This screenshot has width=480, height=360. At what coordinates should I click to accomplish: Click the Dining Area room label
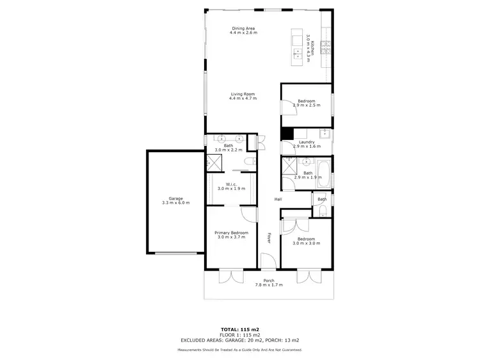(x=244, y=28)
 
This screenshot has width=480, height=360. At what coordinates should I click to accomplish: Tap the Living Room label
(x=243, y=94)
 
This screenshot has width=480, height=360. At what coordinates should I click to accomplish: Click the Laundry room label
(x=307, y=142)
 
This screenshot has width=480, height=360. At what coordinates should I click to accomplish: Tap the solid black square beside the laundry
(x=287, y=134)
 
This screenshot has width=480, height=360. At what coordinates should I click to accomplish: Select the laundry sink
(x=324, y=134)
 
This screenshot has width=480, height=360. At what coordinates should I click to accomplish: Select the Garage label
(x=176, y=199)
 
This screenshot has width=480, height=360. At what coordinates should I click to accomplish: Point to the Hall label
(x=278, y=200)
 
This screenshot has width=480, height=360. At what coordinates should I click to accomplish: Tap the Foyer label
(x=269, y=238)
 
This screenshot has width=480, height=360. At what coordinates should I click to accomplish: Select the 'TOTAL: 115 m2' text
(x=239, y=329)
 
